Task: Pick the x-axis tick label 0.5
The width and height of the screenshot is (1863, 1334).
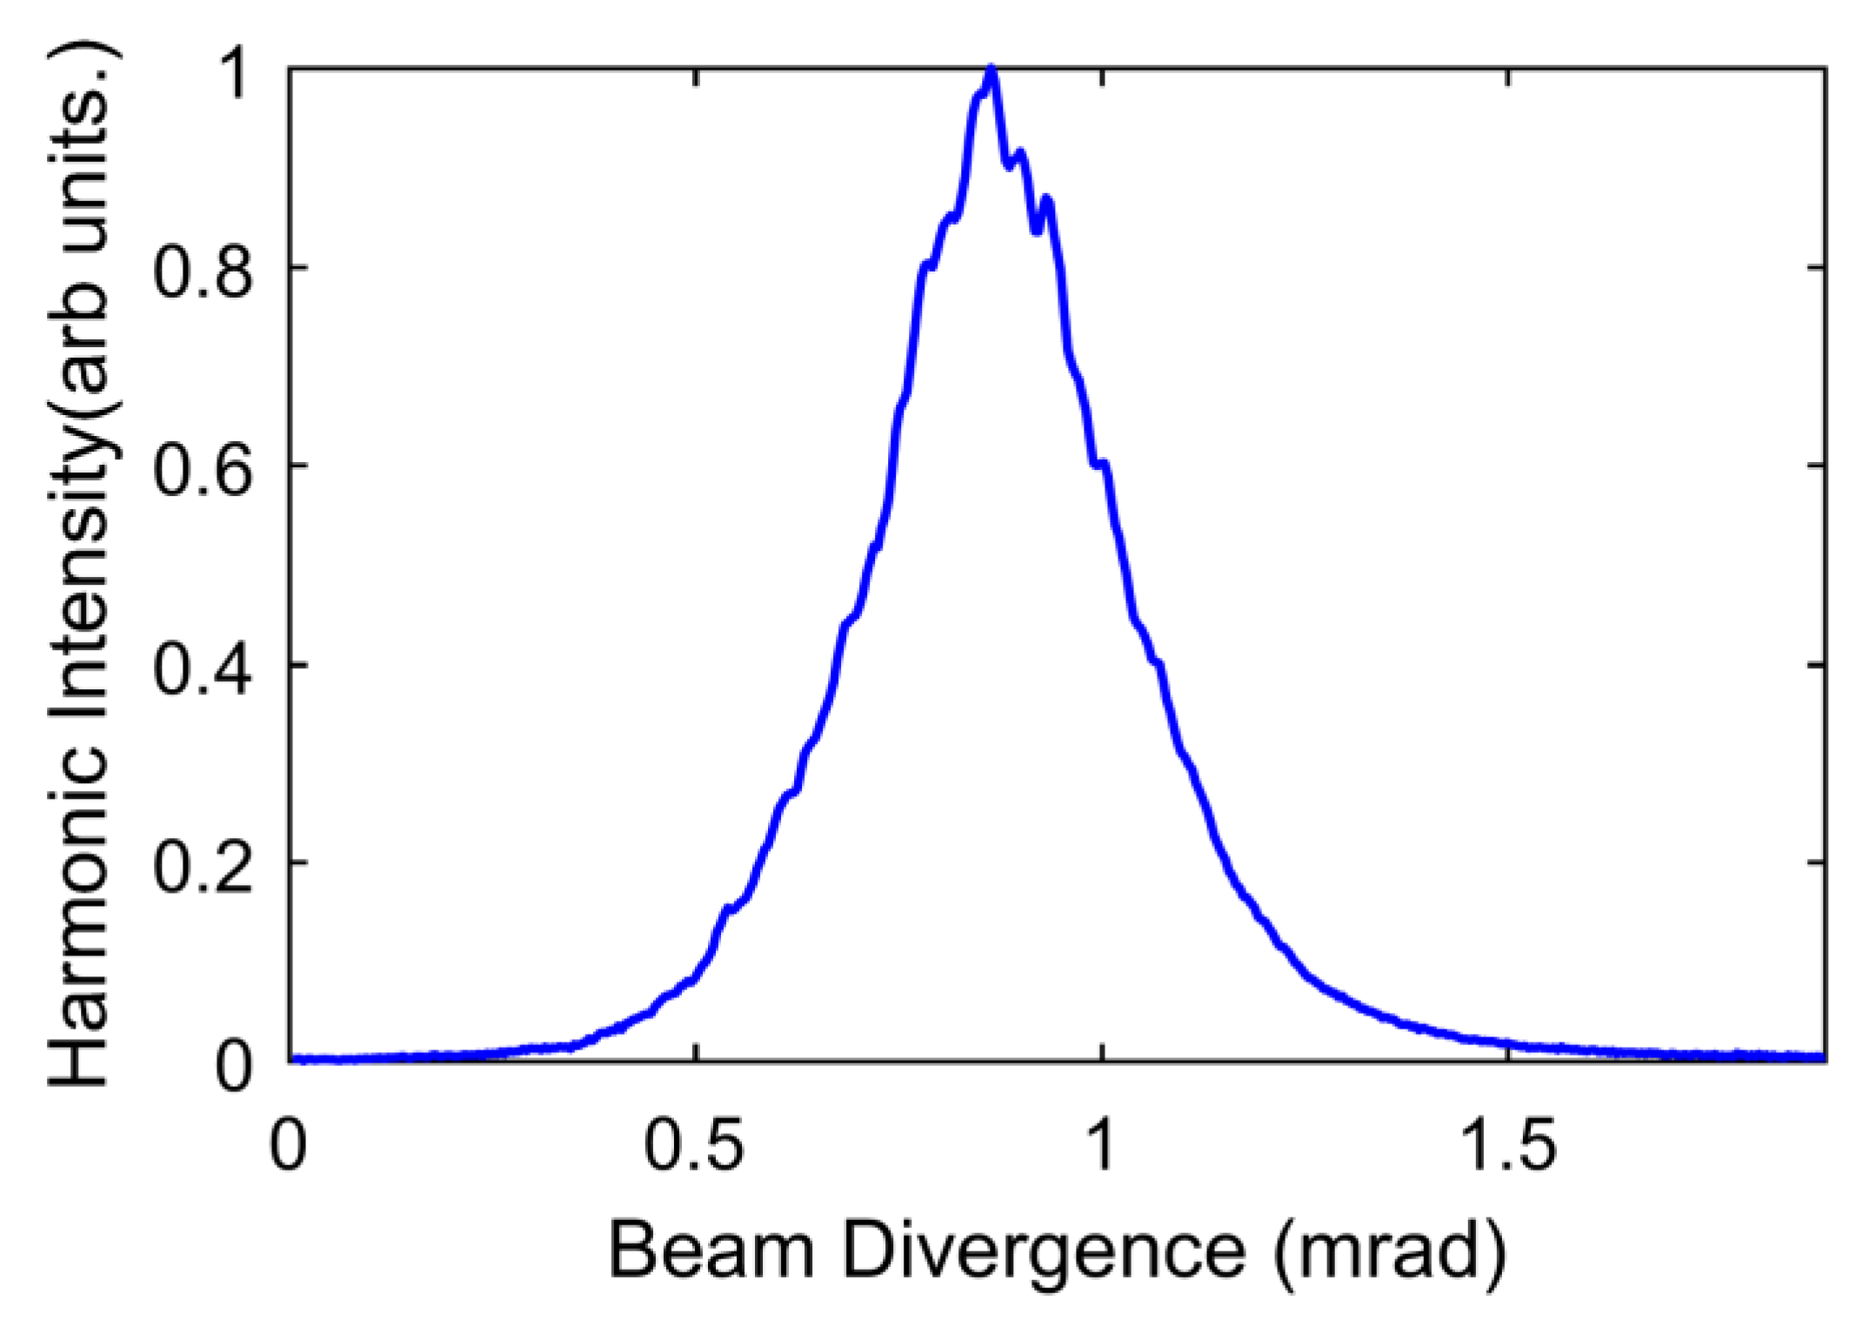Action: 694,1144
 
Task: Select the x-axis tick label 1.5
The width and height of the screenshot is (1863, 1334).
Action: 1506,1144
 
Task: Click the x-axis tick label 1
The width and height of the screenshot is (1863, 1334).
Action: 1101,1144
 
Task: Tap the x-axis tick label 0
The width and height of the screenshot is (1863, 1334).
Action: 288,1144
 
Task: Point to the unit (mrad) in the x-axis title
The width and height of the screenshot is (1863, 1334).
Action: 1390,1250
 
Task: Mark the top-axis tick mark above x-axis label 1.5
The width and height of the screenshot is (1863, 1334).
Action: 1508,75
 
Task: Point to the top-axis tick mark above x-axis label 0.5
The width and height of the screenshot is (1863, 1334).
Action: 696,75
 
